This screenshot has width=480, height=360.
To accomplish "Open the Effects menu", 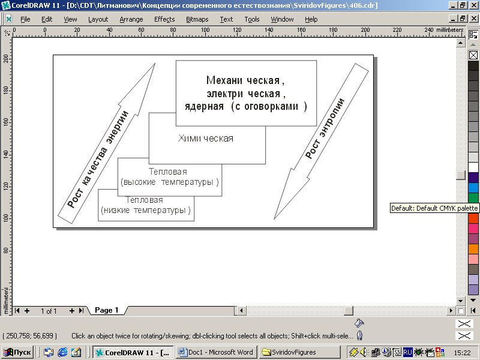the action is (x=164, y=19).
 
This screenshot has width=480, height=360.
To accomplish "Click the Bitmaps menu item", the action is (x=197, y=19).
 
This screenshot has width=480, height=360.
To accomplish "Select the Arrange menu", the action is (x=131, y=19).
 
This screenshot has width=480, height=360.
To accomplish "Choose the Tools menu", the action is (x=252, y=19).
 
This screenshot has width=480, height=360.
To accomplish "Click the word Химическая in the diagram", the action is (x=206, y=139).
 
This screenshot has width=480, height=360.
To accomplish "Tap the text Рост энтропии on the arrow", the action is (x=325, y=128).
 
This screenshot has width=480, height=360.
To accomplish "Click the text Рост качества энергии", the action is (x=98, y=159).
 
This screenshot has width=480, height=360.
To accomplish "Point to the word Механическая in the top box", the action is (x=245, y=80).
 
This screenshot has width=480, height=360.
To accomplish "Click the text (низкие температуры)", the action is (x=146, y=211).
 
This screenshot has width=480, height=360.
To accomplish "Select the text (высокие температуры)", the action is (x=170, y=182).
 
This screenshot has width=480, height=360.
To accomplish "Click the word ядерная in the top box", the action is (x=204, y=107).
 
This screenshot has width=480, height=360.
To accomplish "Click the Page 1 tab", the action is (x=106, y=310).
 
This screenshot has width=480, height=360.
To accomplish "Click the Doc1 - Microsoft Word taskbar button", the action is (x=217, y=352).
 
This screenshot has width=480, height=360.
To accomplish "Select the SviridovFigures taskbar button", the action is (x=299, y=352).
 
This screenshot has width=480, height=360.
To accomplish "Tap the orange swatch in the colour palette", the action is (x=473, y=249).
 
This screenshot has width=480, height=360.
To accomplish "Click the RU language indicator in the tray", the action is (x=407, y=352).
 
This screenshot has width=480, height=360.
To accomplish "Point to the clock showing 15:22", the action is (x=462, y=353).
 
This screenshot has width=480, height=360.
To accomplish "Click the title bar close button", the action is (x=473, y=5).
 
